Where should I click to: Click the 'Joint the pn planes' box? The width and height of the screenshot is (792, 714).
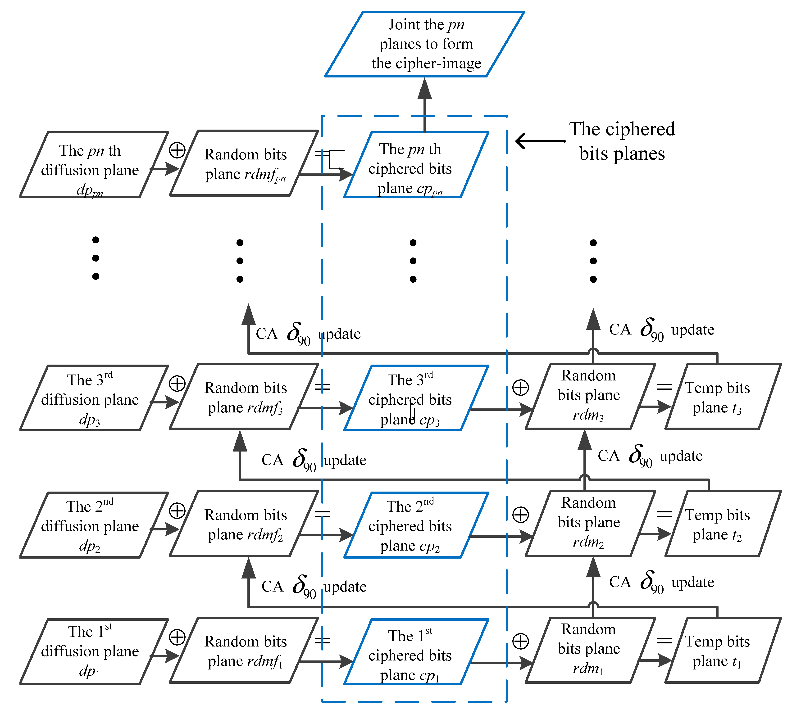tap(425, 44)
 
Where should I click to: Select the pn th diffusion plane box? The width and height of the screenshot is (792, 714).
tap(93, 165)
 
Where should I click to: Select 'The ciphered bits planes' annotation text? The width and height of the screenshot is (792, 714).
tap(622, 141)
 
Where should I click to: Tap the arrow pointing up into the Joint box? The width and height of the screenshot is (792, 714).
tap(425, 104)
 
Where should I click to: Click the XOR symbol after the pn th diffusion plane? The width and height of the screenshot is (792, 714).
tap(177, 150)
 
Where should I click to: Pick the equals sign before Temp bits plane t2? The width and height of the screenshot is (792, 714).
tap(664, 514)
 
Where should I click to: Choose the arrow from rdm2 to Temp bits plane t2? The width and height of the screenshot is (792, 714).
tap(655, 534)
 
